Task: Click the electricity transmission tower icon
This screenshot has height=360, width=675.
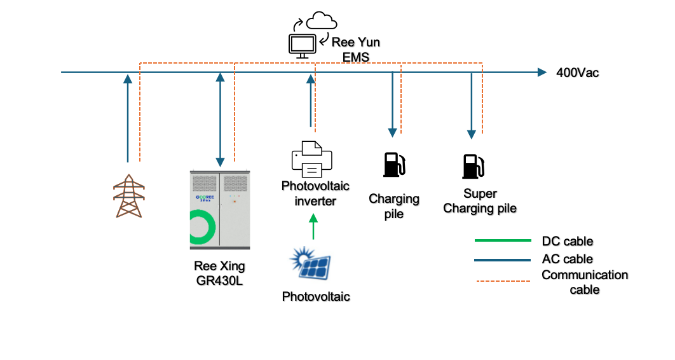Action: coord(128,196)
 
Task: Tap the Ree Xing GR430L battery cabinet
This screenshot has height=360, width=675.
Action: coord(220,210)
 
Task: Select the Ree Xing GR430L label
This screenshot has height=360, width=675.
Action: coord(219,273)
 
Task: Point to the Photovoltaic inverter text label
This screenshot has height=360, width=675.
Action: coord(309,193)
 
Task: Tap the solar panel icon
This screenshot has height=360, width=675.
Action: coord(311,265)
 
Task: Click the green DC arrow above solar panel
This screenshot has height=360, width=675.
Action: coord(312,227)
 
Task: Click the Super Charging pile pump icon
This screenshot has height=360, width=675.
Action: coord(473,165)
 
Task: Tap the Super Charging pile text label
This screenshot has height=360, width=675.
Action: coord(480,201)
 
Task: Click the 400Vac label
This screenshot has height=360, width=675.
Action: coord(577,73)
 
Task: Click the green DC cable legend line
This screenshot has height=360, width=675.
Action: coord(502,241)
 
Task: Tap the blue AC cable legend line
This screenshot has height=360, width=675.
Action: coord(502,260)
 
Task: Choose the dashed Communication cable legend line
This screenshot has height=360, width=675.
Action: coord(502,280)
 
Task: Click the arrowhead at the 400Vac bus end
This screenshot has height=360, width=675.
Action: coord(541,73)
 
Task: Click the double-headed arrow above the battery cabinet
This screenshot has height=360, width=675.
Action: coord(220,118)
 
